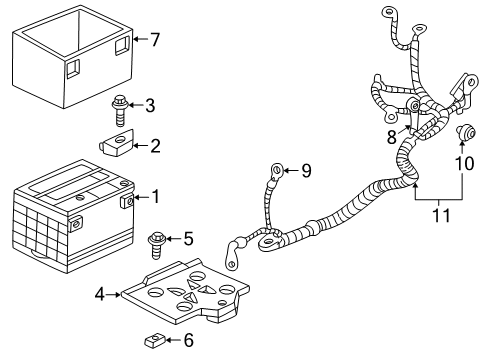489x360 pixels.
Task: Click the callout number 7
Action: [154, 39]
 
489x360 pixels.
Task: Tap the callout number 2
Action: [155, 146]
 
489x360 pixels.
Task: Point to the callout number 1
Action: [155, 196]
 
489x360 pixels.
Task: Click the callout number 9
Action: [306, 171]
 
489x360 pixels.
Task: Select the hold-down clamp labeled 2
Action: [116, 147]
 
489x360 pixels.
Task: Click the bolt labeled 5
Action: [157, 240]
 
